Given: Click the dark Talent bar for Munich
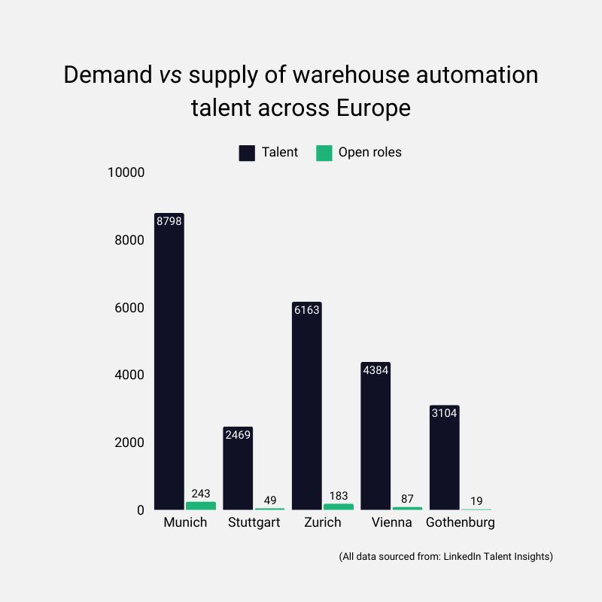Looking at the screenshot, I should tap(169, 361).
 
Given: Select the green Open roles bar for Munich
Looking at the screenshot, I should tap(200, 506).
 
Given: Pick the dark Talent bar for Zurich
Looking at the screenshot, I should tap(307, 406).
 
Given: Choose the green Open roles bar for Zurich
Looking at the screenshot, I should tap(338, 506).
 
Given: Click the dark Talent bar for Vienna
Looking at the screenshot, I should tap(375, 436).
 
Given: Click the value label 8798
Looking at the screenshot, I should tap(169, 221).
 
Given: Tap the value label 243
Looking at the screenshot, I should tap(200, 493).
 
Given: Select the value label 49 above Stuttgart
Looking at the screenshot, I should tap(269, 500).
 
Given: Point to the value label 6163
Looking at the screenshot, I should tap(307, 310).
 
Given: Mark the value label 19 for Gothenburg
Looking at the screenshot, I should tap(476, 500).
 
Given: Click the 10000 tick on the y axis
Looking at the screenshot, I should tap(126, 173).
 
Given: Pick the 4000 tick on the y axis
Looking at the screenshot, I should tap(129, 375).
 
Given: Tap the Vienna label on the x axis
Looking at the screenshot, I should tap(391, 522).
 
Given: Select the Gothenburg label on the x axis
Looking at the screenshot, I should tap(461, 522).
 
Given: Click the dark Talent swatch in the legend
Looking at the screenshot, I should tap(247, 153).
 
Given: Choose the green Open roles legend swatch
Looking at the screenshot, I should tap(324, 153).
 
